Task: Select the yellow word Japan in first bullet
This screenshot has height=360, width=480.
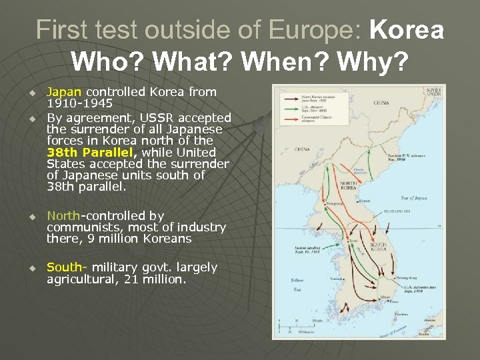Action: click(64, 92)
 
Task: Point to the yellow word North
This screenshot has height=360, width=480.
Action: click(63, 215)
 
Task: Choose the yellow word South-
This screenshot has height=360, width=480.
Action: click(67, 267)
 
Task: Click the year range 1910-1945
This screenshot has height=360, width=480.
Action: click(79, 104)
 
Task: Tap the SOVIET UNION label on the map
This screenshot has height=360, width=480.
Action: click(434, 91)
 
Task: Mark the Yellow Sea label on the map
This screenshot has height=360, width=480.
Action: click(297, 285)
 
